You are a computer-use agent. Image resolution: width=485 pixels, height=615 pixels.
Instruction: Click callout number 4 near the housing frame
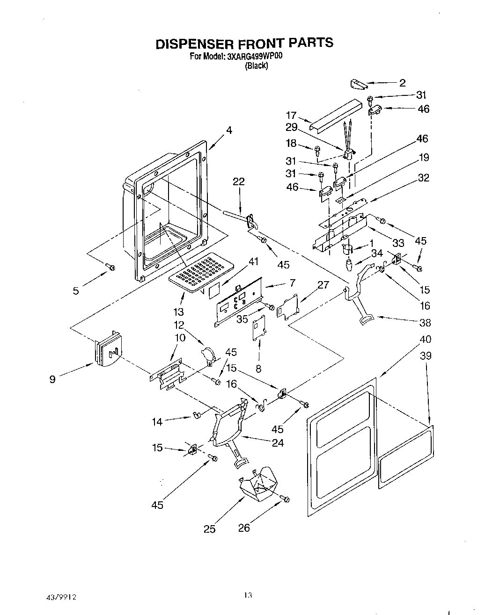tap(229, 130)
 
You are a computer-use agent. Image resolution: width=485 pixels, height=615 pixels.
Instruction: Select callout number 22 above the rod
tap(239, 181)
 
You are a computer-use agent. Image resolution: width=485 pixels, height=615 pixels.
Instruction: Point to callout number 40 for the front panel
tap(426, 339)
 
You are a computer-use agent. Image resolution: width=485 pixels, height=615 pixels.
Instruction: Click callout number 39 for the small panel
tap(426, 355)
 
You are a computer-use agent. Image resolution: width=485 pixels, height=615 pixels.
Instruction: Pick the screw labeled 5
tap(111, 267)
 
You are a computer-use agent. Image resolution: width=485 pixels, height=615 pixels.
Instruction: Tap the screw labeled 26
tap(285, 499)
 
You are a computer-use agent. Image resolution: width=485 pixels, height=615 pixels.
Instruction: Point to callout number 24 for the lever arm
tap(278, 442)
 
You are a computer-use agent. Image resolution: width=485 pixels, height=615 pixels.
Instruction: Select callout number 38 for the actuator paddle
tap(426, 322)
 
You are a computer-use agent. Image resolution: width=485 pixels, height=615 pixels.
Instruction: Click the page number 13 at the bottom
tap(248, 595)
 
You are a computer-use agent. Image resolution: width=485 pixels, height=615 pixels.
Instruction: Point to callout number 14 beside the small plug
tap(157, 421)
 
